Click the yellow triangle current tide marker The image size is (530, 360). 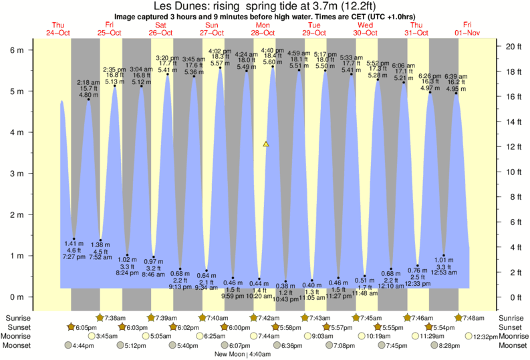[x=266, y=144]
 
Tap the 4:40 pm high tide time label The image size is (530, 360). [x=272, y=51]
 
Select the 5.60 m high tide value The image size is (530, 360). [x=272, y=62]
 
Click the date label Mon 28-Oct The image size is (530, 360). [x=263, y=29]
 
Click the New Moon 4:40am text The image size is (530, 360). [x=248, y=354]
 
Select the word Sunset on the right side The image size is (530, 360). [x=511, y=327]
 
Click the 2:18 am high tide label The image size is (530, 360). [x=89, y=82]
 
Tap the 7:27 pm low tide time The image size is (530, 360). [x=74, y=256]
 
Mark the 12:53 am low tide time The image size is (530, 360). [x=444, y=273]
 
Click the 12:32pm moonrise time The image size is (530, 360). [x=485, y=336]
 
